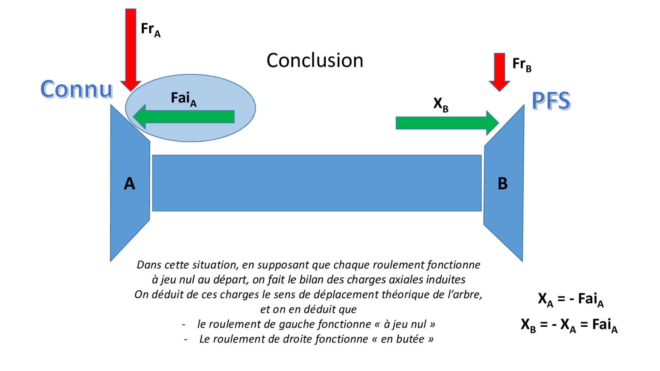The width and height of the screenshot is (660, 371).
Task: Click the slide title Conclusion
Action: pos(315,60)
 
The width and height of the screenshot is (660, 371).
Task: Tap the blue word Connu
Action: pos(76,89)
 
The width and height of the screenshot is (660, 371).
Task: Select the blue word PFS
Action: pos(551,101)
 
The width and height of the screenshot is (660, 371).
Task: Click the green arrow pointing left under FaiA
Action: pos(184,117)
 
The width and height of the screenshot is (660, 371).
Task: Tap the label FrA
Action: pos(150,29)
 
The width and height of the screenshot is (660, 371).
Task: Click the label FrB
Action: pos(522,64)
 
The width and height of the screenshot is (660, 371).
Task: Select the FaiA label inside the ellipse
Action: pos(183,99)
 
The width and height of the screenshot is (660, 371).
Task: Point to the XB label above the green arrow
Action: pos(441,104)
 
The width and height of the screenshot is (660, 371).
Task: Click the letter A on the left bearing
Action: pos(129,184)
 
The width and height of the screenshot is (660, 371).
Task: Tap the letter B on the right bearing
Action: pos(502,184)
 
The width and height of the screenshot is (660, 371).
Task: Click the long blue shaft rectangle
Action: pos(317,183)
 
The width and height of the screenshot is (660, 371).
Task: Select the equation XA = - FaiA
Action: pos(570,299)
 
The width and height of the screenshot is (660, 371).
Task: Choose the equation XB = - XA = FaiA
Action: pos(569,324)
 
